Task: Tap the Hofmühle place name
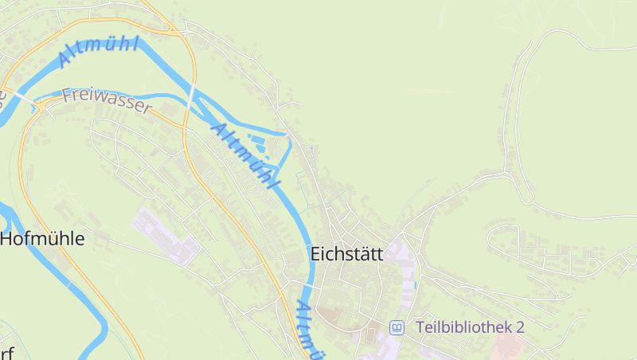(x=42, y=238)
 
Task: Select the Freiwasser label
(x=106, y=100)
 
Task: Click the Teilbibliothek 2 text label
(x=470, y=327)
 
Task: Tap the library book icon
(x=397, y=327)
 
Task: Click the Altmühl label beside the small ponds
(x=246, y=156)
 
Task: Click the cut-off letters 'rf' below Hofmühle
(x=7, y=353)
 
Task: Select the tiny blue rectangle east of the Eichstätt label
(x=416, y=284)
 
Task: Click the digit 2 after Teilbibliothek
(x=520, y=327)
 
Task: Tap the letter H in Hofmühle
(x=6, y=238)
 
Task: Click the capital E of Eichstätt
(x=315, y=255)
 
